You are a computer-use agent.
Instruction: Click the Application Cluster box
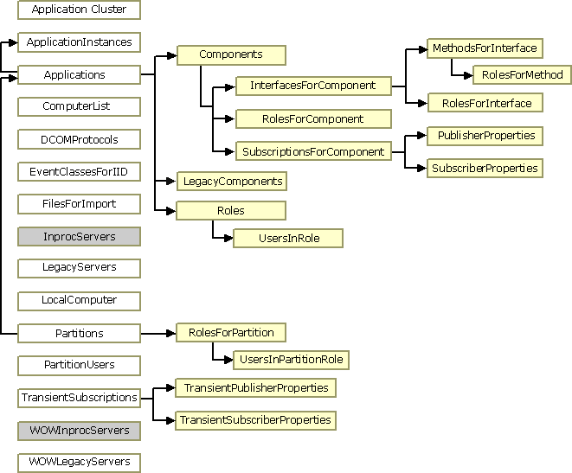pos(79,10)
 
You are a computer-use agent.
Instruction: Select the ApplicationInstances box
pos(79,42)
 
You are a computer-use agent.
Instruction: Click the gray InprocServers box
pos(79,236)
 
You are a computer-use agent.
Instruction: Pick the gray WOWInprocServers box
pos(79,430)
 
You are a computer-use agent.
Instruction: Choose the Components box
pos(231,54)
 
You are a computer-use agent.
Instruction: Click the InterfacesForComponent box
pos(312,86)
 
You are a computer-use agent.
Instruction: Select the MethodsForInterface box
pos(484,48)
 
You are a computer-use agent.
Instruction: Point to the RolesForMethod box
pos(522,75)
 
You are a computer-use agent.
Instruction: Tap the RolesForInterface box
pos(485,103)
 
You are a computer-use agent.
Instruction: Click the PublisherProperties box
pos(485,136)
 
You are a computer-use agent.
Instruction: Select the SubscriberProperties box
pos(485,168)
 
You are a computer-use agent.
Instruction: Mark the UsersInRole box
pos(288,238)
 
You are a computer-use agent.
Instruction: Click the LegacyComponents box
pos(231,182)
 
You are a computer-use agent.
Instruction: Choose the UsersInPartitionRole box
pos(291,359)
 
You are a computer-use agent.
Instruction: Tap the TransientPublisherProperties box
pos(255,387)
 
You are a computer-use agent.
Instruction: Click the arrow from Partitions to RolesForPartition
pos(157,333)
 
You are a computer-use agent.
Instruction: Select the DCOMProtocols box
pos(79,139)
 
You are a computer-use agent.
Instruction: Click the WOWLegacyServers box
pos(79,462)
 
